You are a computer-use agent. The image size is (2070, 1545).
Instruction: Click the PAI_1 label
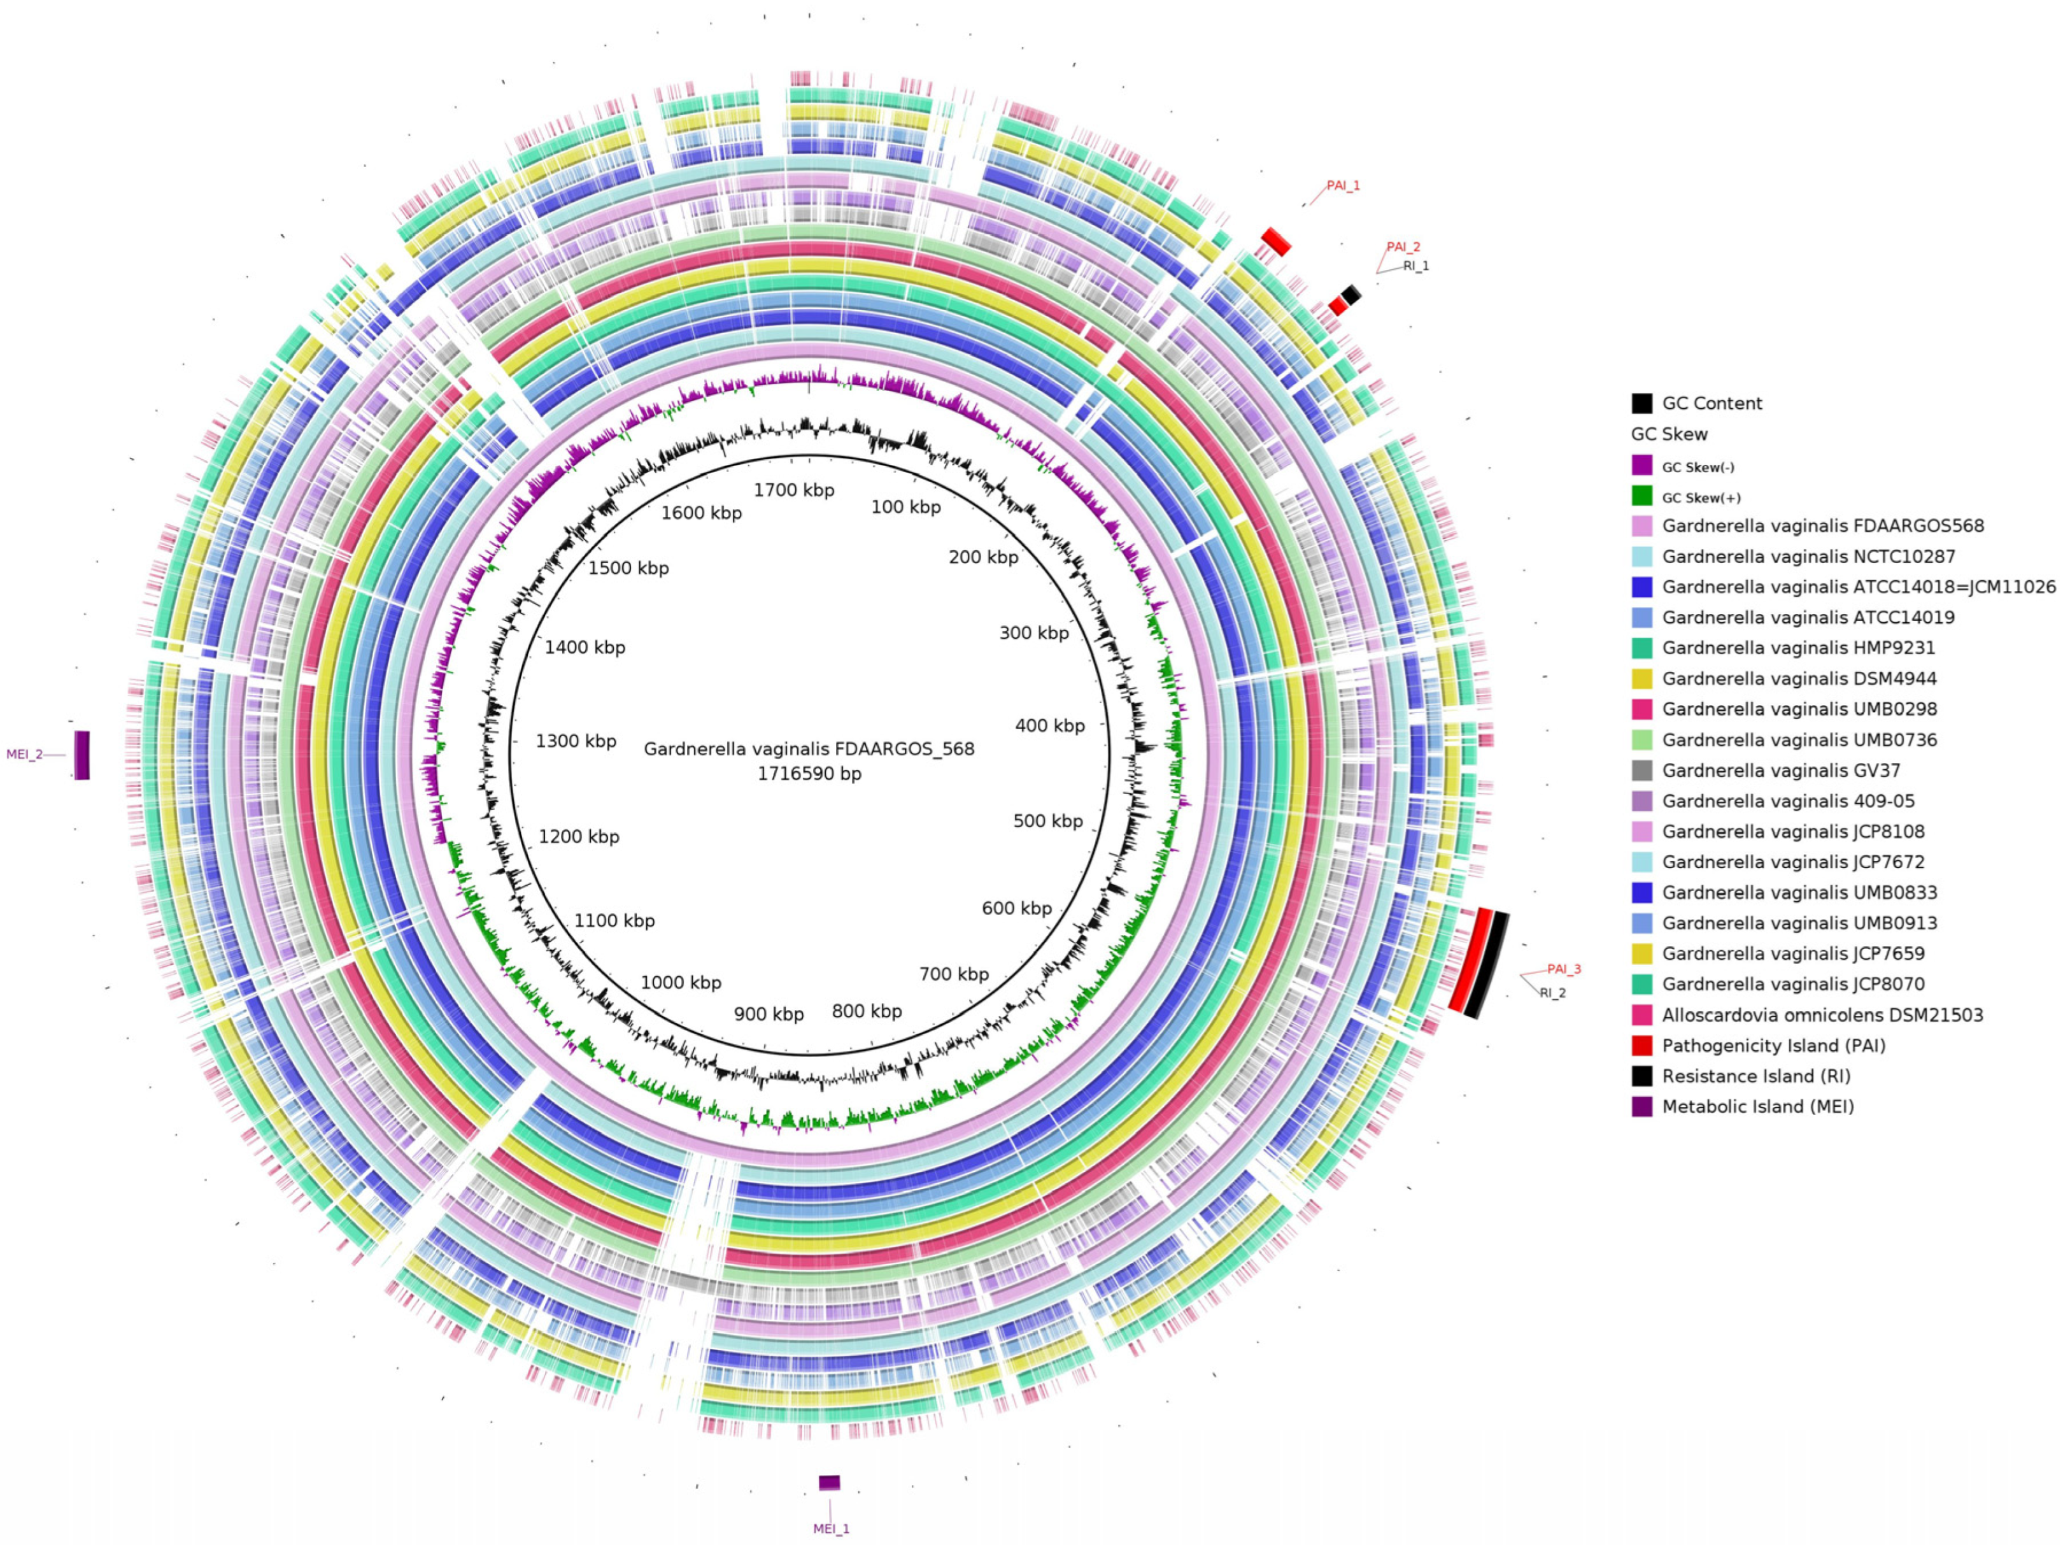click(x=1343, y=186)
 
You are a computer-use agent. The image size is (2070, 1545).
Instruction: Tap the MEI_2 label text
click(x=24, y=754)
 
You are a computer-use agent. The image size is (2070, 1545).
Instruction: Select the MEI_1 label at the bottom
click(x=831, y=1528)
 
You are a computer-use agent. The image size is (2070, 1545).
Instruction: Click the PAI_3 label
click(x=1563, y=969)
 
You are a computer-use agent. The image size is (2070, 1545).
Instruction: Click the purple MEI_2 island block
click(x=82, y=755)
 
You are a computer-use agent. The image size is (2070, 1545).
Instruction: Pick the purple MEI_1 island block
click(x=829, y=1483)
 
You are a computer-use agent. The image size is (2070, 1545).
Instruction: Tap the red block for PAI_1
click(x=1275, y=241)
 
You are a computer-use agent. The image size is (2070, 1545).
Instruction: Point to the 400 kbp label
click(x=1050, y=726)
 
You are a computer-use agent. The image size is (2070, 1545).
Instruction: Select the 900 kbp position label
click(x=769, y=1015)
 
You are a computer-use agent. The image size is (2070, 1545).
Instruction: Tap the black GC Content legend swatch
click(x=1641, y=403)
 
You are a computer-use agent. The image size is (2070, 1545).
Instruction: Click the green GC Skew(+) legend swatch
click(x=1641, y=497)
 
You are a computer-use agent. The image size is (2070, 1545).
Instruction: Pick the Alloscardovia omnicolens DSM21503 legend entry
click(x=1821, y=1015)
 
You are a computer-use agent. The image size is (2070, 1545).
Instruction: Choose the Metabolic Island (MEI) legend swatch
click(x=1641, y=1106)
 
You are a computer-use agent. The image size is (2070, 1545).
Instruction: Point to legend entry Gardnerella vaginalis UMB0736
click(x=1799, y=740)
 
